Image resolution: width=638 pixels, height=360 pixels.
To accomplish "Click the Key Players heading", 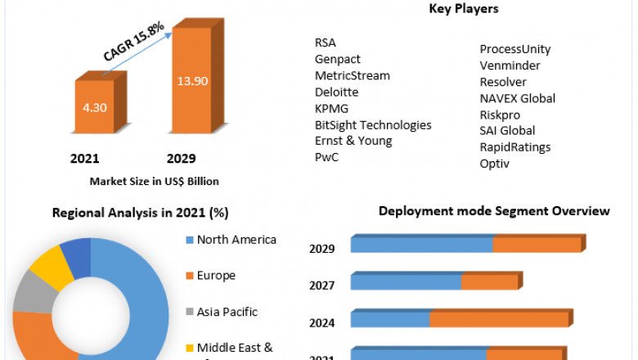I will coord(464,9).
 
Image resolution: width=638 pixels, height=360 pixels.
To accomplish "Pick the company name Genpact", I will coord(338,59).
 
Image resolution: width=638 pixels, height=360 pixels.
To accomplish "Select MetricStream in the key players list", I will coord(353,75).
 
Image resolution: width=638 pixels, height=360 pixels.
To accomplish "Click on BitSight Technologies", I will coord(373,124).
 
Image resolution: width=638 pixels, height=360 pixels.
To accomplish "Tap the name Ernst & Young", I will coord(353,141).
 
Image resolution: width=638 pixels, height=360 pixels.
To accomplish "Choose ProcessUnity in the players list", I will coord(515,49).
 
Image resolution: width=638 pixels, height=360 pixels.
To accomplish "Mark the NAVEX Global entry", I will coord(518,98).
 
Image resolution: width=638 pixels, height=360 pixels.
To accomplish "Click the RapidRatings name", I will coord(515,147).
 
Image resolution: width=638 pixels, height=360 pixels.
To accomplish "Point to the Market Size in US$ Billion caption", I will coord(155,181).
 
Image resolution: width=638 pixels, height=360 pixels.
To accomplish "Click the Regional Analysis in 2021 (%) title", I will coord(141,213).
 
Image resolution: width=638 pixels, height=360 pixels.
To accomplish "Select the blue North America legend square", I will coord(189,241).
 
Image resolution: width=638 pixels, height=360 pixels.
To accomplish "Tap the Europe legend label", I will coord(216,276).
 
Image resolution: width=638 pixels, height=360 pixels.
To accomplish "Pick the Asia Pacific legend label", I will coord(227,312).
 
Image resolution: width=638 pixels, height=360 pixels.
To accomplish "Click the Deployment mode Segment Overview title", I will coord(494,211).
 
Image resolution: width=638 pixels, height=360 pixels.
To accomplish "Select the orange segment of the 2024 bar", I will coord(499,320).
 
